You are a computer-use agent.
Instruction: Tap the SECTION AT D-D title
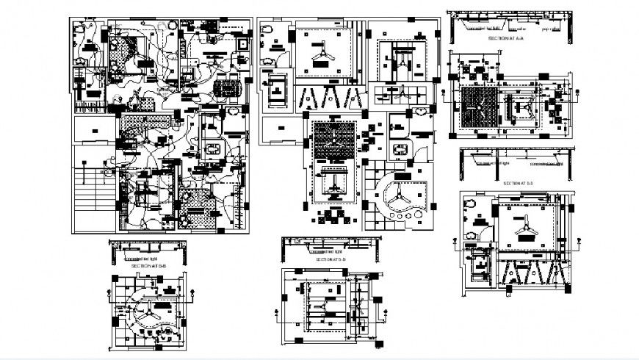[x=331, y=260]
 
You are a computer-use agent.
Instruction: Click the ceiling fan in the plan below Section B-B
[x=149, y=312]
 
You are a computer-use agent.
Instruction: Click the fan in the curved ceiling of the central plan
[x=397, y=196]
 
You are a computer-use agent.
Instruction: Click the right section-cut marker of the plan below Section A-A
[x=577, y=94]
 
